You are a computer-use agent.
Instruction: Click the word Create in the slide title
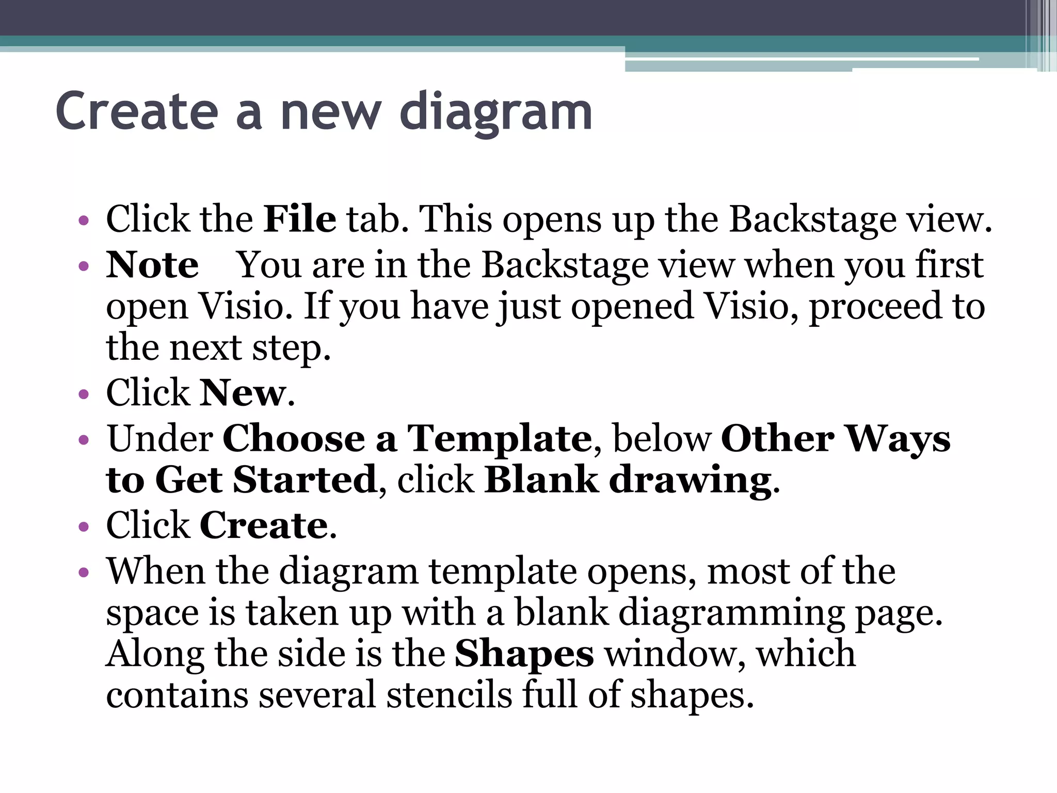137,111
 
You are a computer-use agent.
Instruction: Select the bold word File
300,219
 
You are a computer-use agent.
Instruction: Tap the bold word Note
152,265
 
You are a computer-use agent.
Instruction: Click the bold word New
242,393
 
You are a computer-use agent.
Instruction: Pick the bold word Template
499,439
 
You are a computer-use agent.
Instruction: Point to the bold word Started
305,480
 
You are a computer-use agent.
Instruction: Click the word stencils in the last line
450,695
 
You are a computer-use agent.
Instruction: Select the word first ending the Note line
949,265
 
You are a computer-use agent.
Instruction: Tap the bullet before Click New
84,395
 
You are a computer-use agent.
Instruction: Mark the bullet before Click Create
84,528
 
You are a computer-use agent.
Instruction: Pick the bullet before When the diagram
84,573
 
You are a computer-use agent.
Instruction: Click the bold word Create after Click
264,526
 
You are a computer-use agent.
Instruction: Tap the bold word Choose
294,439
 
